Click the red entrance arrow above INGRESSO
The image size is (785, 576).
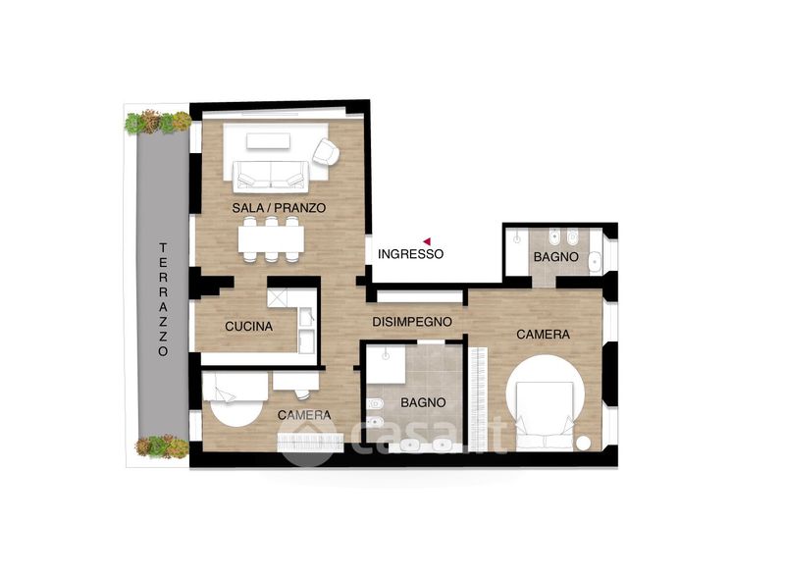[x=427, y=240]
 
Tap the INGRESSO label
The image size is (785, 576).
[x=410, y=254]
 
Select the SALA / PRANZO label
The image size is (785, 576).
[x=279, y=208]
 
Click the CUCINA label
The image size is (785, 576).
[x=249, y=327]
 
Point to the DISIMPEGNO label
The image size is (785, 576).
[x=412, y=322]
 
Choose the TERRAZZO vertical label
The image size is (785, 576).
[x=163, y=299]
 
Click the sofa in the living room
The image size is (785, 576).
[x=271, y=176]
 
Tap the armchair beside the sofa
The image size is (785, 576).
[x=326, y=152]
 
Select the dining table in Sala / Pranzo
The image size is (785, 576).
[x=271, y=239]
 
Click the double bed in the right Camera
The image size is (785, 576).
[x=545, y=415]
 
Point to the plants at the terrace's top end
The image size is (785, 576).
[x=158, y=122]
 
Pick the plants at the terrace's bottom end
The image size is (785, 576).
[x=162, y=445]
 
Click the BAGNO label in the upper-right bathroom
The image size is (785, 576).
[x=555, y=257]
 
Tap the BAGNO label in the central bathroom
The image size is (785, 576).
[x=423, y=402]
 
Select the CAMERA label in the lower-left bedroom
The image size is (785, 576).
[x=304, y=415]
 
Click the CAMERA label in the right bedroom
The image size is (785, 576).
[x=544, y=335]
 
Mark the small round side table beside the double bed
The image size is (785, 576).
[x=583, y=444]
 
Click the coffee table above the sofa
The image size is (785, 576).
[x=268, y=141]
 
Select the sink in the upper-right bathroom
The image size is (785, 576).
[x=595, y=261]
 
